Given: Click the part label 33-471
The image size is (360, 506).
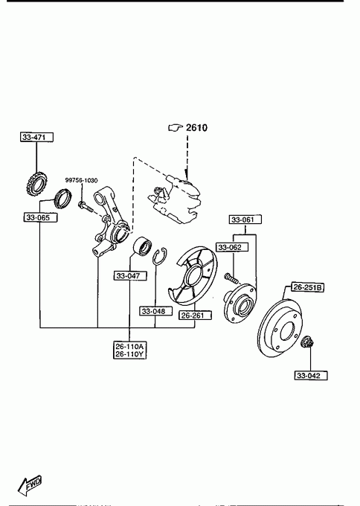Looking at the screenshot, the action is pyautogui.click(x=36, y=137).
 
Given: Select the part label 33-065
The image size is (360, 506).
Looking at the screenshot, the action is pyautogui.click(x=41, y=217).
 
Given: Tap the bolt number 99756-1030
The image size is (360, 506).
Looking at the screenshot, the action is pyautogui.click(x=81, y=180).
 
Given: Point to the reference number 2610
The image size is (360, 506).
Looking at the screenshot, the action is pyautogui.click(x=197, y=128).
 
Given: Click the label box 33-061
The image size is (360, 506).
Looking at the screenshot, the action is pyautogui.click(x=245, y=220).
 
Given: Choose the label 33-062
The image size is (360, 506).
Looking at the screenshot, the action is pyautogui.click(x=232, y=247).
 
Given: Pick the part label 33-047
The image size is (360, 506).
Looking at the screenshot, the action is pyautogui.click(x=130, y=275).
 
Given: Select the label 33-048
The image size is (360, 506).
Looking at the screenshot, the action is pyautogui.click(x=155, y=311).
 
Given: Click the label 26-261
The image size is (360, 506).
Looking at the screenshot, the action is pyautogui.click(x=195, y=316).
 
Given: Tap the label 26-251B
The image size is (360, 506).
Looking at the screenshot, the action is pyautogui.click(x=307, y=287).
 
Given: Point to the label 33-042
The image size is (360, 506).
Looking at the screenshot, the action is pyautogui.click(x=311, y=375).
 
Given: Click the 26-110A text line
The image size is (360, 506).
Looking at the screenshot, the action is pyautogui.click(x=129, y=347).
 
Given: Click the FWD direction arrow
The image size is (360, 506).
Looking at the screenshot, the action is pyautogui.click(x=30, y=486).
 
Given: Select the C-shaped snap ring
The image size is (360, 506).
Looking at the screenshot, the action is pyautogui.click(x=161, y=257).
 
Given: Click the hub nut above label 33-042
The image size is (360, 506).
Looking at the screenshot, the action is pyautogui.click(x=306, y=342).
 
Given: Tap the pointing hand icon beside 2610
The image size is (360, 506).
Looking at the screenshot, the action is pyautogui.click(x=176, y=128).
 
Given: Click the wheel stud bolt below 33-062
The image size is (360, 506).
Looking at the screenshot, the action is pyautogui.click(x=231, y=278).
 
